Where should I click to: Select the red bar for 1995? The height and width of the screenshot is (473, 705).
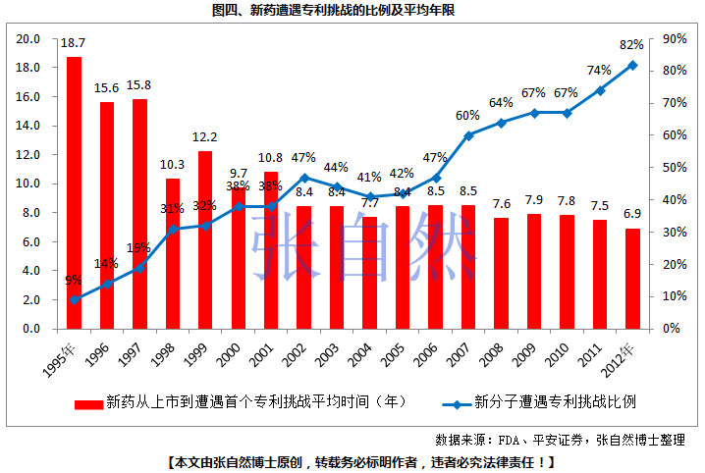coord(74,192)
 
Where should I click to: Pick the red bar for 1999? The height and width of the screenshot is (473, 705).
coord(205,239)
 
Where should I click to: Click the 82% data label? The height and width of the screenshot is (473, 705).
coord(631,44)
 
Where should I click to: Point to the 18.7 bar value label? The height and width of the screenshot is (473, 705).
coord(74,44)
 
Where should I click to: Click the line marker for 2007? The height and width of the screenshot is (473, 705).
coord(468,135)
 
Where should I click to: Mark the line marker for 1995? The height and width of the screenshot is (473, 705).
coord(74,299)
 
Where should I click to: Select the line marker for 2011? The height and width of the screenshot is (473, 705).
coord(600,90)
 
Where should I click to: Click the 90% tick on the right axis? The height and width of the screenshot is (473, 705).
coord(675,39)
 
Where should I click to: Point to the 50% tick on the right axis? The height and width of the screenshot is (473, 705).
coord(675,168)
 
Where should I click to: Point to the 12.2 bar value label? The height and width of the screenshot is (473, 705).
coord(205,136)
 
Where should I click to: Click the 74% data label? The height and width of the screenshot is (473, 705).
coord(599,70)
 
